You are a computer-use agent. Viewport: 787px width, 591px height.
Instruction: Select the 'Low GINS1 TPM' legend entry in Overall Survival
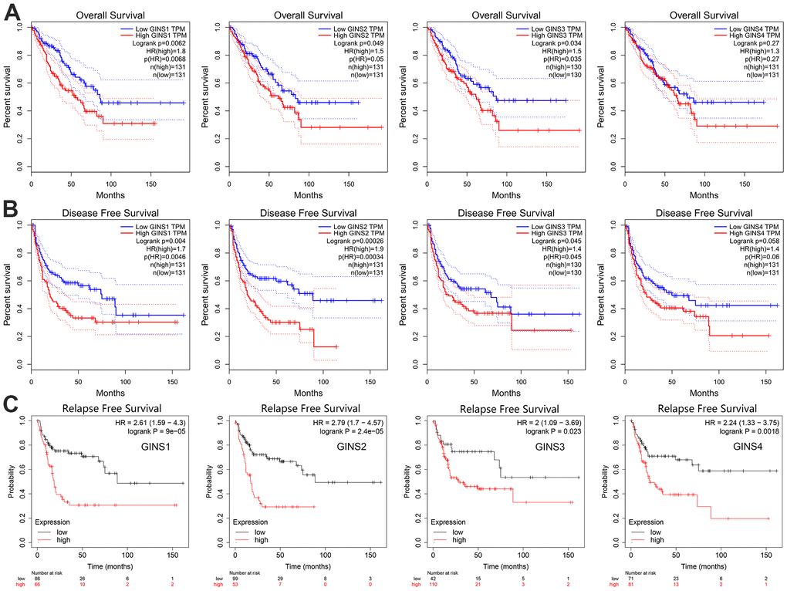coord(151,28)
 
